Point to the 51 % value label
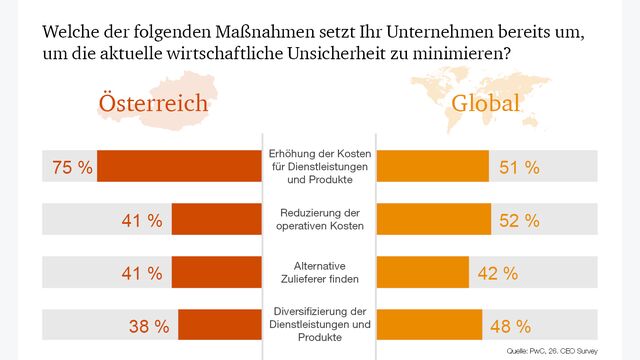tap(519, 167)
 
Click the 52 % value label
tap(519, 220)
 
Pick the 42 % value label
tap(497, 272)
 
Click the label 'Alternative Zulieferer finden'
tap(320, 272)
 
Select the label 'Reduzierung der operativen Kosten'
tap(320, 220)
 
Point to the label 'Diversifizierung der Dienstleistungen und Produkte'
tap(320, 325)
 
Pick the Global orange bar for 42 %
tap(422, 272)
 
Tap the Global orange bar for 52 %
tap(433, 220)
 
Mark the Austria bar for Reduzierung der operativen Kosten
tap(217, 220)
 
